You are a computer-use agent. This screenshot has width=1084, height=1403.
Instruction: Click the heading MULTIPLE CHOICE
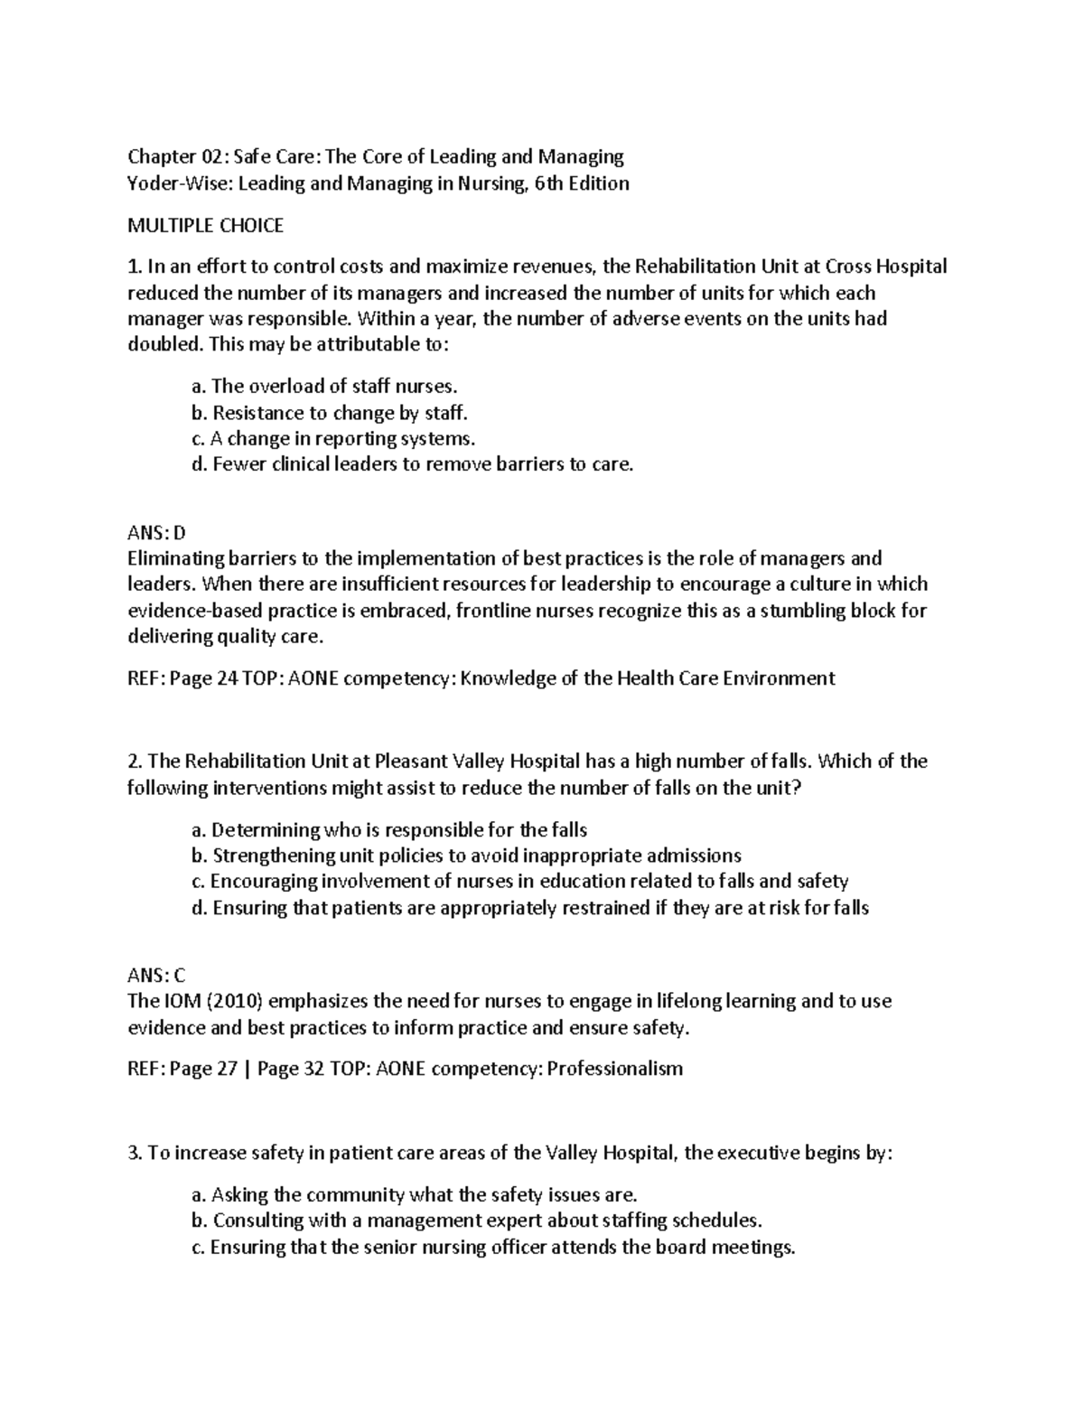[x=205, y=226]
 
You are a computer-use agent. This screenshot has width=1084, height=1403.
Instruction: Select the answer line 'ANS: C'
[x=155, y=975]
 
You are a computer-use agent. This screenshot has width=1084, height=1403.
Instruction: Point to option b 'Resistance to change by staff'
[x=331, y=413]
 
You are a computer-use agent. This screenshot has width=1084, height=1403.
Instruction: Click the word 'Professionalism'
[x=615, y=1069]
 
